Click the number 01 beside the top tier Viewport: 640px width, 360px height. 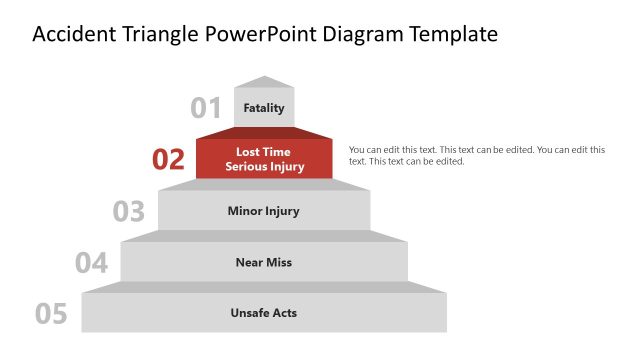pyautogui.click(x=206, y=108)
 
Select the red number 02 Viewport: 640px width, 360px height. pyautogui.click(x=169, y=159)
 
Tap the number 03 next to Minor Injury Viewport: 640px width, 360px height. pyautogui.click(x=129, y=211)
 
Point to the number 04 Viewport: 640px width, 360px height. pyautogui.click(x=91, y=263)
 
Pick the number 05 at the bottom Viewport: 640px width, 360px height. pyautogui.click(x=51, y=314)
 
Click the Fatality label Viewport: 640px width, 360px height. pyautogui.click(x=264, y=108)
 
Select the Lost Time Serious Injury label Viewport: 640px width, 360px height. pyautogui.click(x=264, y=159)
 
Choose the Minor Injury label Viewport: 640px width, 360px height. pyautogui.click(x=264, y=211)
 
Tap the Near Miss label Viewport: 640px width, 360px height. pyautogui.click(x=264, y=262)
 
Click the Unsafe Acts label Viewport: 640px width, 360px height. pyautogui.click(x=264, y=313)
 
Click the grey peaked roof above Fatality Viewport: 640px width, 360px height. pyautogui.click(x=264, y=82)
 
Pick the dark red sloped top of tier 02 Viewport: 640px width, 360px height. pyautogui.click(x=264, y=132)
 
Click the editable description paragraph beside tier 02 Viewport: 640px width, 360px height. pyautogui.click(x=476, y=155)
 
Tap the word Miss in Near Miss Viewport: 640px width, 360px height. pyautogui.click(x=279, y=262)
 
